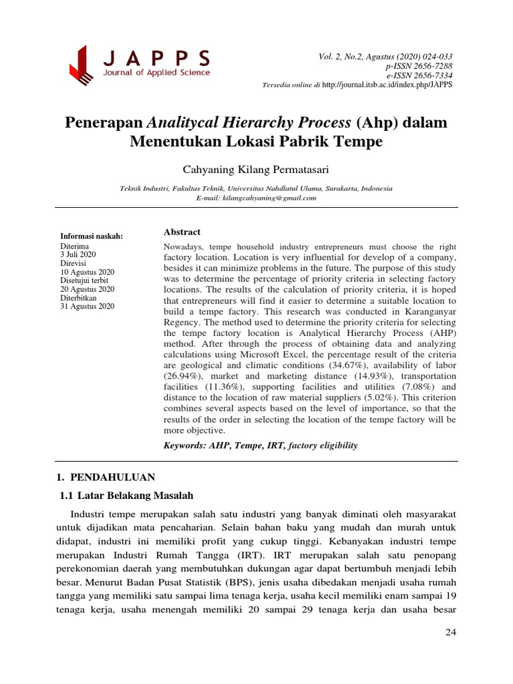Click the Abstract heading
click(182, 232)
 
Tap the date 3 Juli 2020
click(79, 254)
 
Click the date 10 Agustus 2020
click(88, 272)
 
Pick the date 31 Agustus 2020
click(88, 307)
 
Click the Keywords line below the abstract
click(261, 446)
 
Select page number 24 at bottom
click(450, 633)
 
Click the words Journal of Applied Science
click(156, 73)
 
